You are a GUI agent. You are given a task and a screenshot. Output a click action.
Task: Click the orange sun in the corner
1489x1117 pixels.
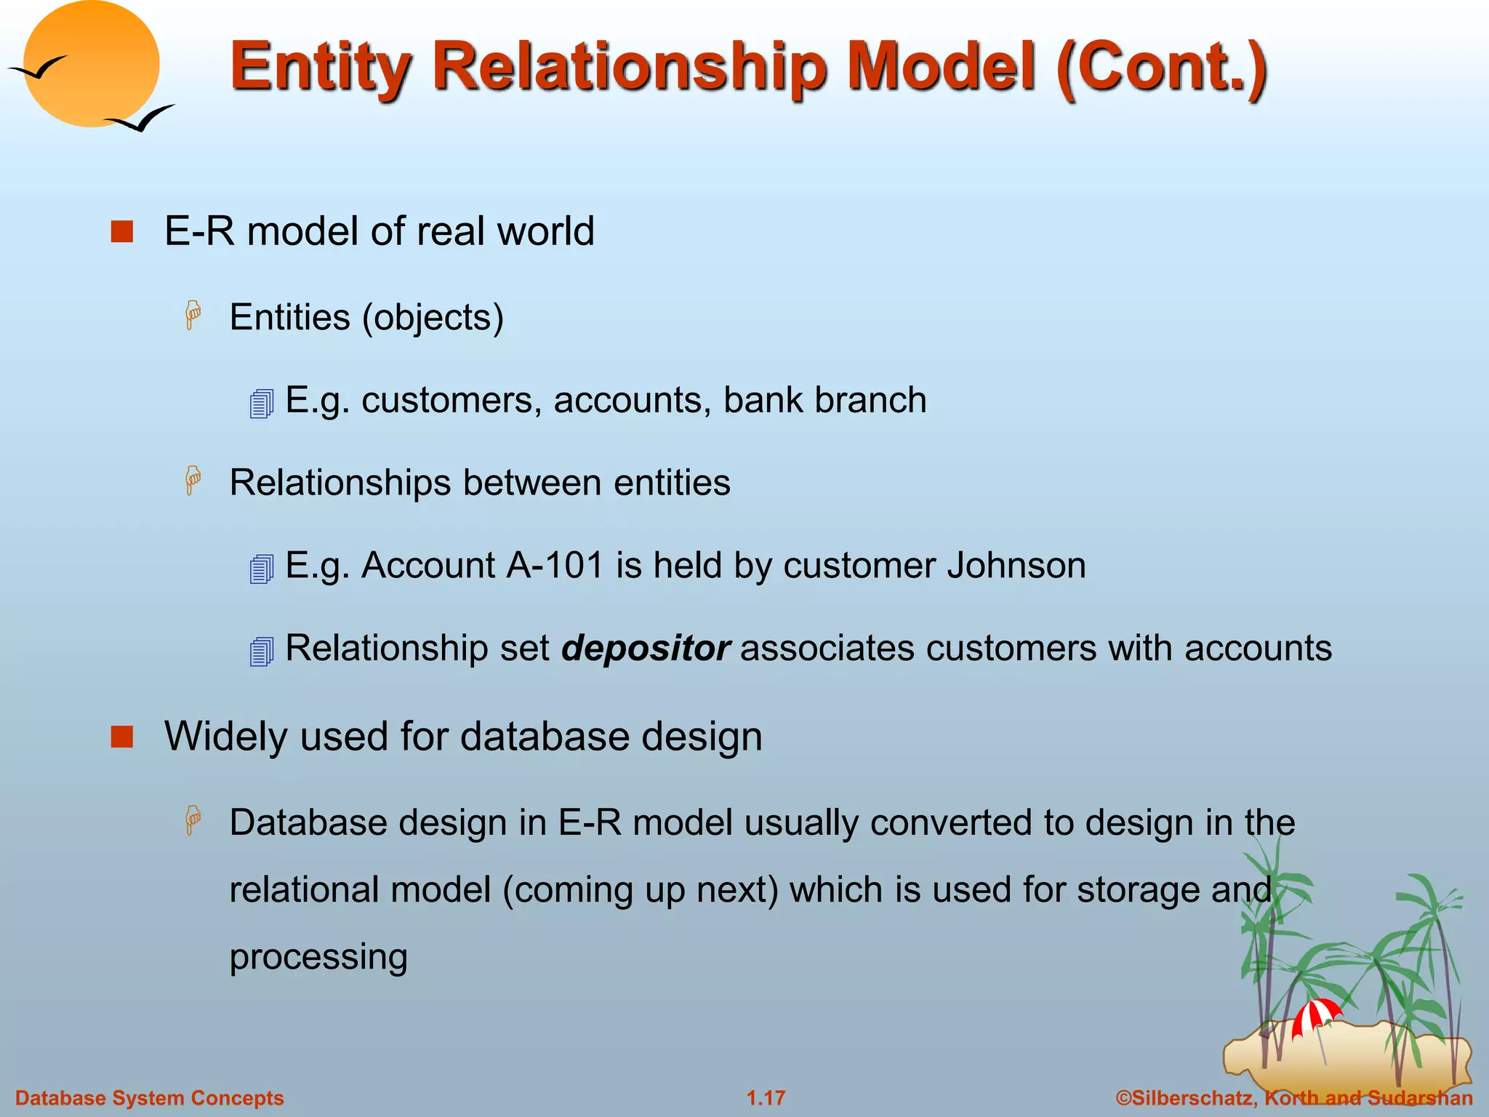click(92, 64)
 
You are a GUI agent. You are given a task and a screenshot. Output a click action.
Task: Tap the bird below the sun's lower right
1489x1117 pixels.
click(142, 119)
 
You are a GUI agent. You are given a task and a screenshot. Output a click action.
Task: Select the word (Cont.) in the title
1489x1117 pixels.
click(1162, 67)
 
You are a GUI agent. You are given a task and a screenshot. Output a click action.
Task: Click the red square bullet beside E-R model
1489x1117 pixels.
click(122, 232)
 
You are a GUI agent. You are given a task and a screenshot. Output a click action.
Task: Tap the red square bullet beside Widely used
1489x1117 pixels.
click(122, 737)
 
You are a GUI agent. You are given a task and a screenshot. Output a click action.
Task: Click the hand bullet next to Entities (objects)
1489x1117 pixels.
click(193, 316)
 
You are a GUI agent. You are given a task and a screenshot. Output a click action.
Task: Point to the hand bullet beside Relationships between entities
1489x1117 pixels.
click(193, 481)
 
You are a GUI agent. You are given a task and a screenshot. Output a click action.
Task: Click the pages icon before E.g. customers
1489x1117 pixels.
click(261, 404)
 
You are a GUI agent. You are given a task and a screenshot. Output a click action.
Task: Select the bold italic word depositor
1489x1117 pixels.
click(645, 648)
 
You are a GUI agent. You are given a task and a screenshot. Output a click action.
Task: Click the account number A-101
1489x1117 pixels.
click(555, 565)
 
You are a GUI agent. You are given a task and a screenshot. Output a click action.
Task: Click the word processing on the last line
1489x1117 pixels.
click(318, 957)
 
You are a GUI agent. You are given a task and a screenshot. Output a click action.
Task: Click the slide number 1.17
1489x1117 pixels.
click(766, 1098)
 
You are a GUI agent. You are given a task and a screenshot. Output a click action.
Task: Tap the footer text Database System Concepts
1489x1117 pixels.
click(150, 1098)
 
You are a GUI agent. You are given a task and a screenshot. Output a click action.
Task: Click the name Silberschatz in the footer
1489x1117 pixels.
click(1192, 1098)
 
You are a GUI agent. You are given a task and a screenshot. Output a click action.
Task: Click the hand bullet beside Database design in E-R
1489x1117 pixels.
click(193, 820)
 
